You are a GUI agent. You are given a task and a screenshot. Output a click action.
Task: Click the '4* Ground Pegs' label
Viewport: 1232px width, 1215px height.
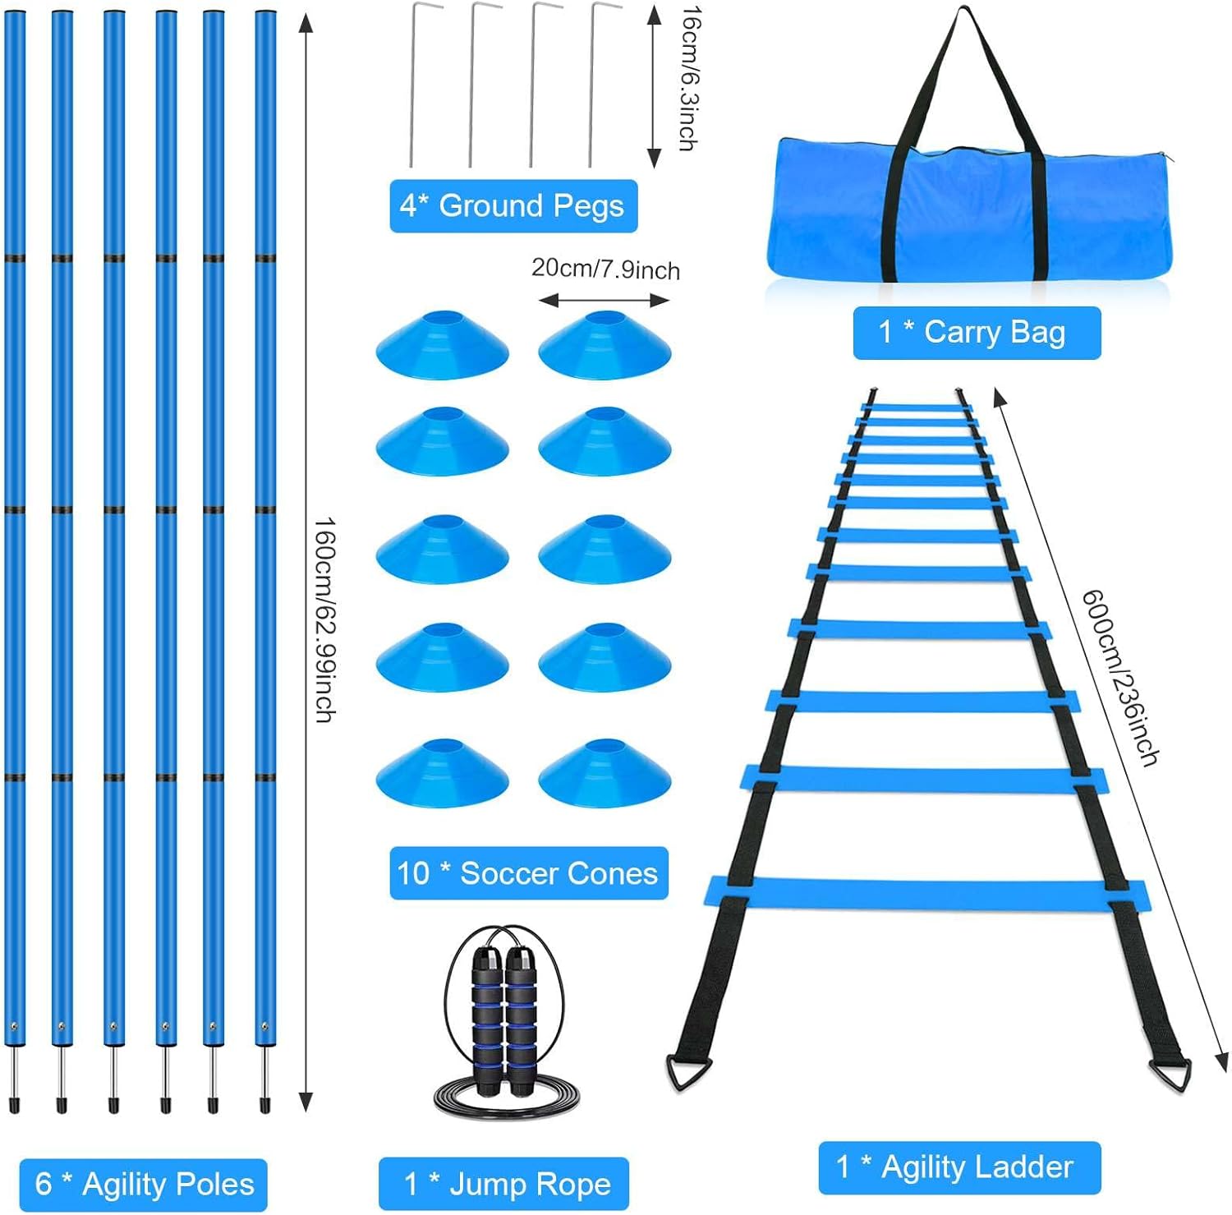pyautogui.click(x=513, y=205)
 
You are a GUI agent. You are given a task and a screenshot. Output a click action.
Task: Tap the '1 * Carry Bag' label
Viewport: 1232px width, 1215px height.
pyautogui.click(x=976, y=333)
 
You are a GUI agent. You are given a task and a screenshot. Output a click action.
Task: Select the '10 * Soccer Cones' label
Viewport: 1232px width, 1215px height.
pyautogui.click(x=528, y=873)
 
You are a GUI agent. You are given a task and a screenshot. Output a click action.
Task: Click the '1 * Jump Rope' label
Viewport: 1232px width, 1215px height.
pyautogui.click(x=503, y=1184)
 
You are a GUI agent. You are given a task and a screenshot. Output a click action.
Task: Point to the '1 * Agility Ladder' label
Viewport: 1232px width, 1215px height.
pyautogui.click(x=958, y=1167)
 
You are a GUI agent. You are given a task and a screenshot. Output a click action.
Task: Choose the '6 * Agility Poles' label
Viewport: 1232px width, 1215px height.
pyautogui.click(x=143, y=1185)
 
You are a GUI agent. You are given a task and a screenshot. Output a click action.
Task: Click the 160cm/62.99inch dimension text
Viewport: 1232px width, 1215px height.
pyautogui.click(x=324, y=619)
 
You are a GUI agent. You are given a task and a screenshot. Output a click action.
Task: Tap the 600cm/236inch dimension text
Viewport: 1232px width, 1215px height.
pyautogui.click(x=1119, y=677)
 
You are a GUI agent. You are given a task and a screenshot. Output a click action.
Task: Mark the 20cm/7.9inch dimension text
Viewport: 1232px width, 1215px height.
pyautogui.click(x=605, y=269)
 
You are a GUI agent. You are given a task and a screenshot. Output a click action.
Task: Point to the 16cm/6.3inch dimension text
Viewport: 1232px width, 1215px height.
pyautogui.click(x=688, y=78)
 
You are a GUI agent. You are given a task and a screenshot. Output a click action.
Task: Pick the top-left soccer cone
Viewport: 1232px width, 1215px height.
pyautogui.click(x=442, y=347)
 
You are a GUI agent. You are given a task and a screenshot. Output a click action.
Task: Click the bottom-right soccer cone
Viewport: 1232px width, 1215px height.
pyautogui.click(x=605, y=775)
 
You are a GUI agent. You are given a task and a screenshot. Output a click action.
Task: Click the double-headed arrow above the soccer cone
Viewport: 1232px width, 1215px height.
pyautogui.click(x=604, y=301)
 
